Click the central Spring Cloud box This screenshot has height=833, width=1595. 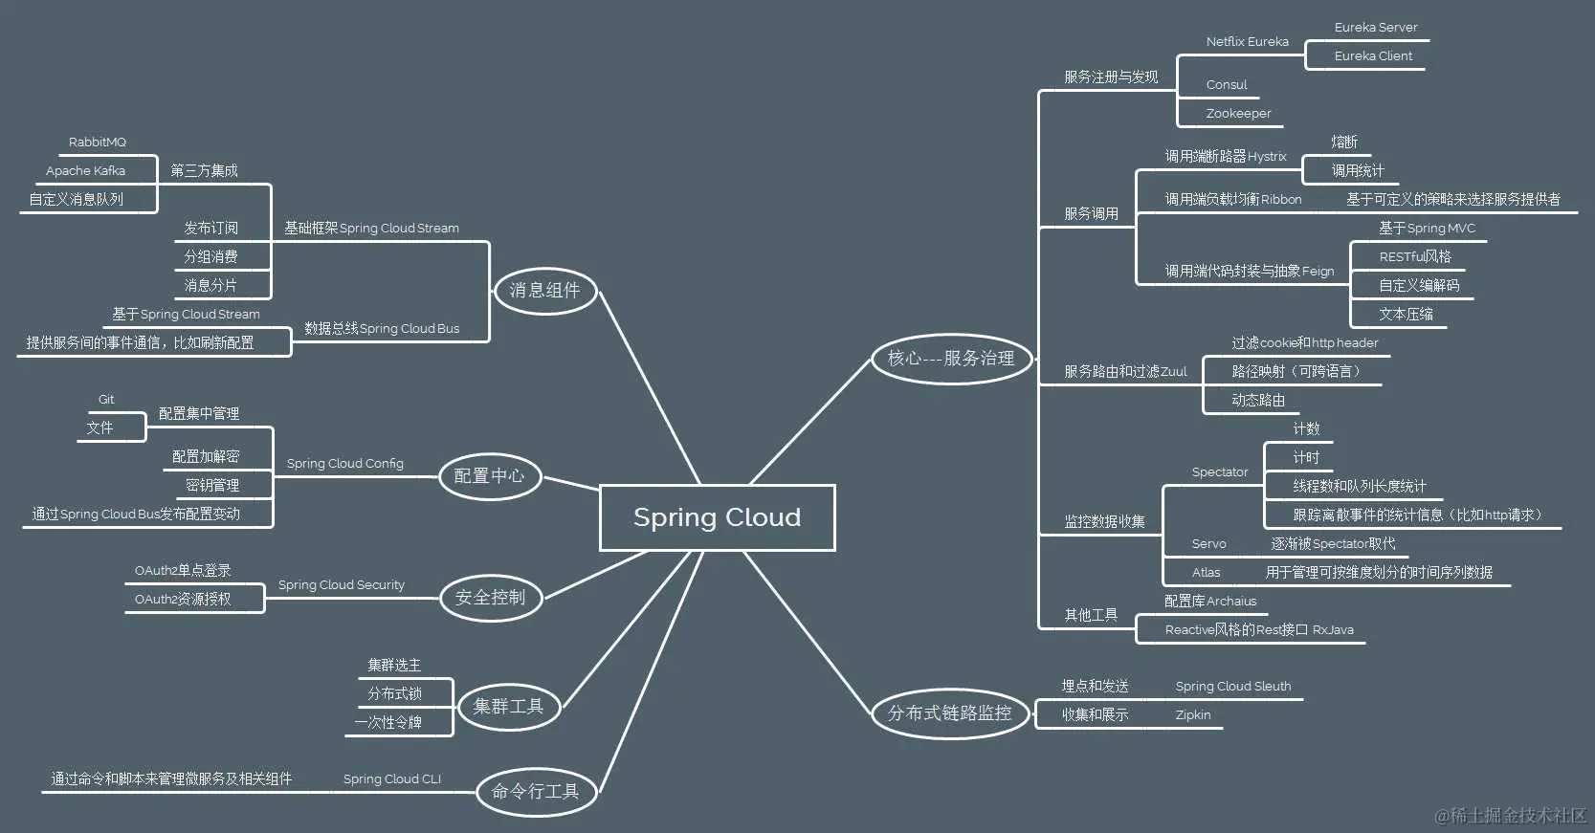pyautogui.click(x=717, y=517)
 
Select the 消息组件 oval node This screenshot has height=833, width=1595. pyautogui.click(x=544, y=291)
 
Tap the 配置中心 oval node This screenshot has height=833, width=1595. pyautogui.click(x=489, y=476)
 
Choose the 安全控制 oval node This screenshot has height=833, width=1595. pyautogui.click(x=490, y=598)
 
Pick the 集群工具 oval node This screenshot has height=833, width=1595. pyautogui.click(x=508, y=707)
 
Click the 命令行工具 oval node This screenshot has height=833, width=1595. pyautogui.click(x=536, y=792)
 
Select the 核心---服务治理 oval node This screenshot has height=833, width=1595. pyautogui.click(x=951, y=359)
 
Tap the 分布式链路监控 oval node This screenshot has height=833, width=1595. pyautogui.click(x=950, y=713)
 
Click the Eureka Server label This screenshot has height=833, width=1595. pyautogui.click(x=1376, y=28)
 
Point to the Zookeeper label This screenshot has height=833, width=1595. pyautogui.click(x=1238, y=114)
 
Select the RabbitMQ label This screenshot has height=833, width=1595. pyautogui.click(x=98, y=142)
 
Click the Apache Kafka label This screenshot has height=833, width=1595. pyautogui.click(x=86, y=171)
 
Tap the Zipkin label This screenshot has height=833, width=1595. pyautogui.click(x=1193, y=715)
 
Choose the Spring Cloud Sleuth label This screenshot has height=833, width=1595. pyautogui.click(x=1233, y=687)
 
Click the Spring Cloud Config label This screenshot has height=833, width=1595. pyautogui.click(x=345, y=464)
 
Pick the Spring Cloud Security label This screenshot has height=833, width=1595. pyautogui.click(x=342, y=585)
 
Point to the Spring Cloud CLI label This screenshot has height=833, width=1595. pyautogui.click(x=392, y=779)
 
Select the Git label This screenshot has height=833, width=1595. pyautogui.click(x=106, y=400)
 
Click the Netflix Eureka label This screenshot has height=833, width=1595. pyautogui.click(x=1247, y=42)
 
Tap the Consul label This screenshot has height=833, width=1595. pyautogui.click(x=1227, y=85)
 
